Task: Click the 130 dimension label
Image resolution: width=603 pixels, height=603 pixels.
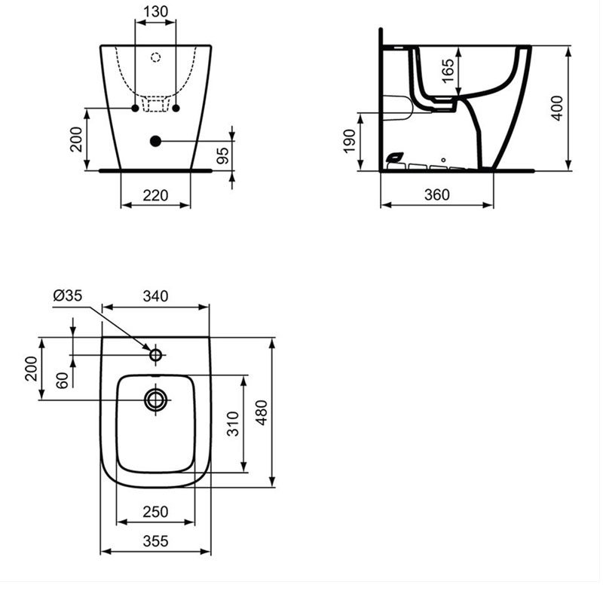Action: pyautogui.click(x=156, y=11)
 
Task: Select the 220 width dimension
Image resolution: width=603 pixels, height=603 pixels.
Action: pyautogui.click(x=155, y=195)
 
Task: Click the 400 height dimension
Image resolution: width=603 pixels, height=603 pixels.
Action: pyautogui.click(x=558, y=108)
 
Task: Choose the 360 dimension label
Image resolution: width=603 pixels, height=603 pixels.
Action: pyautogui.click(x=436, y=194)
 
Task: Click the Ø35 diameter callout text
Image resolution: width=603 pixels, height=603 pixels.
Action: pyautogui.click(x=67, y=296)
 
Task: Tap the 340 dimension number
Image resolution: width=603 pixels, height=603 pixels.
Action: pyautogui.click(x=155, y=296)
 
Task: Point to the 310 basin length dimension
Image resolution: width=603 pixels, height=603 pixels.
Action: pyautogui.click(x=234, y=424)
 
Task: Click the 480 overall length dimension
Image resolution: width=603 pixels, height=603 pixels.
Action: pyautogui.click(x=261, y=412)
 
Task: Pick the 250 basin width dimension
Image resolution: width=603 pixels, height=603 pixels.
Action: pyautogui.click(x=155, y=512)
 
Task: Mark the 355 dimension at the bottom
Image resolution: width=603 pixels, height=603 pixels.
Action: pyautogui.click(x=155, y=540)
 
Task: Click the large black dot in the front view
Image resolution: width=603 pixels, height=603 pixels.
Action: pyautogui.click(x=156, y=140)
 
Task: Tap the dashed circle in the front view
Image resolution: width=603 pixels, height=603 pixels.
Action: pyautogui.click(x=156, y=57)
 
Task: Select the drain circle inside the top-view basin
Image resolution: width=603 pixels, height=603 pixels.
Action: pyautogui.click(x=156, y=399)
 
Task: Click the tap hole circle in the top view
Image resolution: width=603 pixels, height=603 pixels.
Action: pyautogui.click(x=156, y=354)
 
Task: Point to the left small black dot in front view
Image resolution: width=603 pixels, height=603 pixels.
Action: pyautogui.click(x=136, y=109)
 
